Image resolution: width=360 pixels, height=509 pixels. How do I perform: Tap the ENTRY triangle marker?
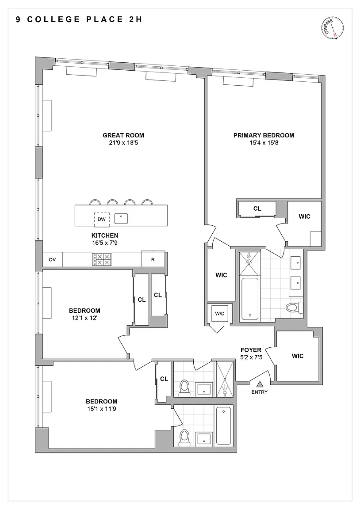[260, 384]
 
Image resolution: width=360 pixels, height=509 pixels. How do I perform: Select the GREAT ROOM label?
[123, 135]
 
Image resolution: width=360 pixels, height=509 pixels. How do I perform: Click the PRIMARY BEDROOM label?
[264, 135]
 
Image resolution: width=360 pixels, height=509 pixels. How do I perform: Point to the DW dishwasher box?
[102, 219]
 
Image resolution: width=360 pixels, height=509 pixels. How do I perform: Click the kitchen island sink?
[121, 218]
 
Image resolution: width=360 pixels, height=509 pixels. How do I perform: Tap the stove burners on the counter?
[102, 259]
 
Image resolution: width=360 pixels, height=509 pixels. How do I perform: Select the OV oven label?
[52, 260]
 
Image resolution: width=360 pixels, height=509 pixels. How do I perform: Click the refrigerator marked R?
[153, 260]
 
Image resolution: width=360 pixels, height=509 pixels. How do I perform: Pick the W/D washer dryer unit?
[220, 314]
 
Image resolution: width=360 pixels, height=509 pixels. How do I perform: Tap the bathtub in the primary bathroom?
[250, 299]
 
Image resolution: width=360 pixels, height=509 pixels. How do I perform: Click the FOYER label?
[251, 350]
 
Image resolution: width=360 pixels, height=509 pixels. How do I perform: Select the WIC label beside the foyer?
[298, 356]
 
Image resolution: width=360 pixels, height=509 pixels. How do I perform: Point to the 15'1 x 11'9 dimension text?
[101, 409]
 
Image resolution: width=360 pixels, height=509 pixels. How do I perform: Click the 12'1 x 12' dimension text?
[85, 318]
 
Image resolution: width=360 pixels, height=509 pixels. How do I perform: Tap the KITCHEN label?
[105, 236]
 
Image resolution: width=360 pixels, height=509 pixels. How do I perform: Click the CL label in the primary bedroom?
[257, 209]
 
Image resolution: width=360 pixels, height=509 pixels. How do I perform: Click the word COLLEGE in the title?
[54, 19]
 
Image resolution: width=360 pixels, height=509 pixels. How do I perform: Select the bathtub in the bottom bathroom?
[223, 426]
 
